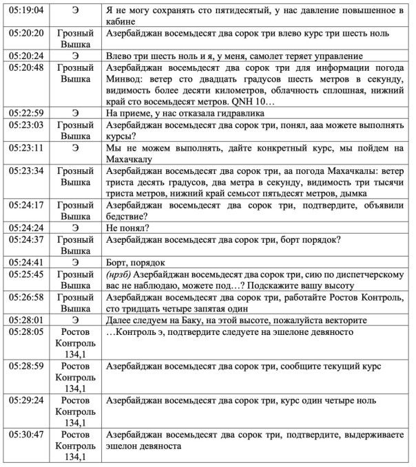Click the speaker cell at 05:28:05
point(76,342)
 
